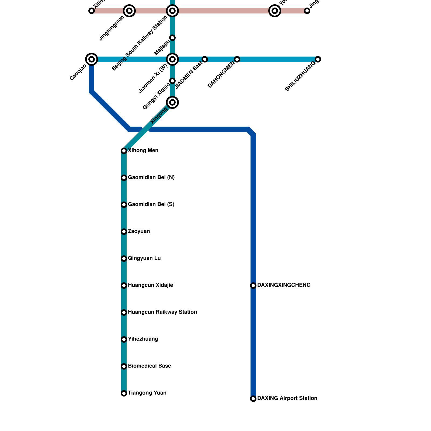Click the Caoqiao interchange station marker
[92, 59]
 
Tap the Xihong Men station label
[143, 151]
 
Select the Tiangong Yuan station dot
[124, 393]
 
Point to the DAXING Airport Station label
[287, 398]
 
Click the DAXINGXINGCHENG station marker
[253, 286]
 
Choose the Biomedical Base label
[150, 366]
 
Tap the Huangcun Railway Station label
[162, 312]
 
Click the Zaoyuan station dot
[124, 232]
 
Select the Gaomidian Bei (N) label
[151, 178]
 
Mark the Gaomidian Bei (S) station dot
[124, 205]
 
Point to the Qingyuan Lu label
[144, 258]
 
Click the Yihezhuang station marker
[124, 339]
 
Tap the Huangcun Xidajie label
[151, 285]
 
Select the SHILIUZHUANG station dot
[318, 59]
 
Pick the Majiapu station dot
[172, 38]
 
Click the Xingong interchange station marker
[172, 102]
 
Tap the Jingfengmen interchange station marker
[129, 11]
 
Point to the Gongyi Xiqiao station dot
[172, 81]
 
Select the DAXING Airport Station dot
[253, 399]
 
